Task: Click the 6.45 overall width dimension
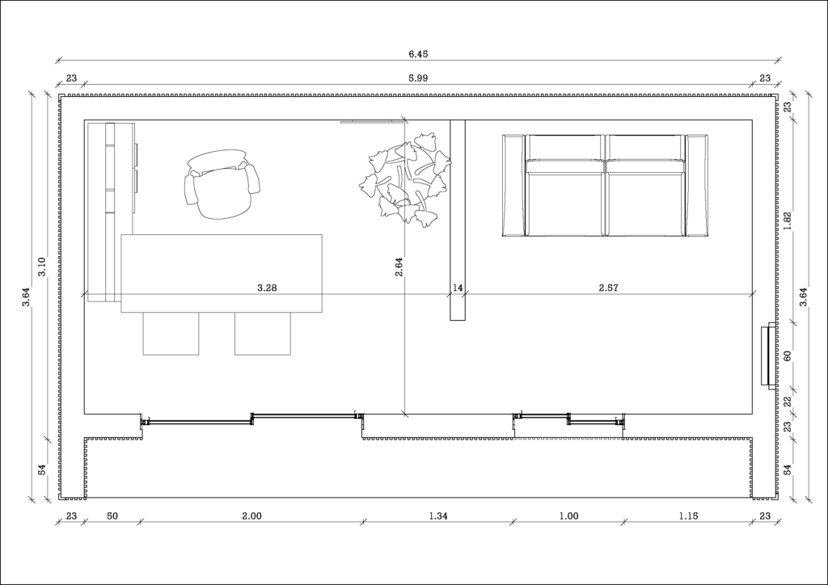coord(418,54)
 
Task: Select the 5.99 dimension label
coord(418,78)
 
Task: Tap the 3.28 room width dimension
coord(267,288)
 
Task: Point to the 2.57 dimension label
coord(608,288)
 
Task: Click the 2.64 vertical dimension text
coord(399,267)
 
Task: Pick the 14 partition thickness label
coord(458,288)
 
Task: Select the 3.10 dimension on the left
coord(42,267)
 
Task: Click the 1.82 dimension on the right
coord(788,221)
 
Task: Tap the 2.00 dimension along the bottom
coord(252,516)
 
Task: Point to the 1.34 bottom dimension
coord(438,516)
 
